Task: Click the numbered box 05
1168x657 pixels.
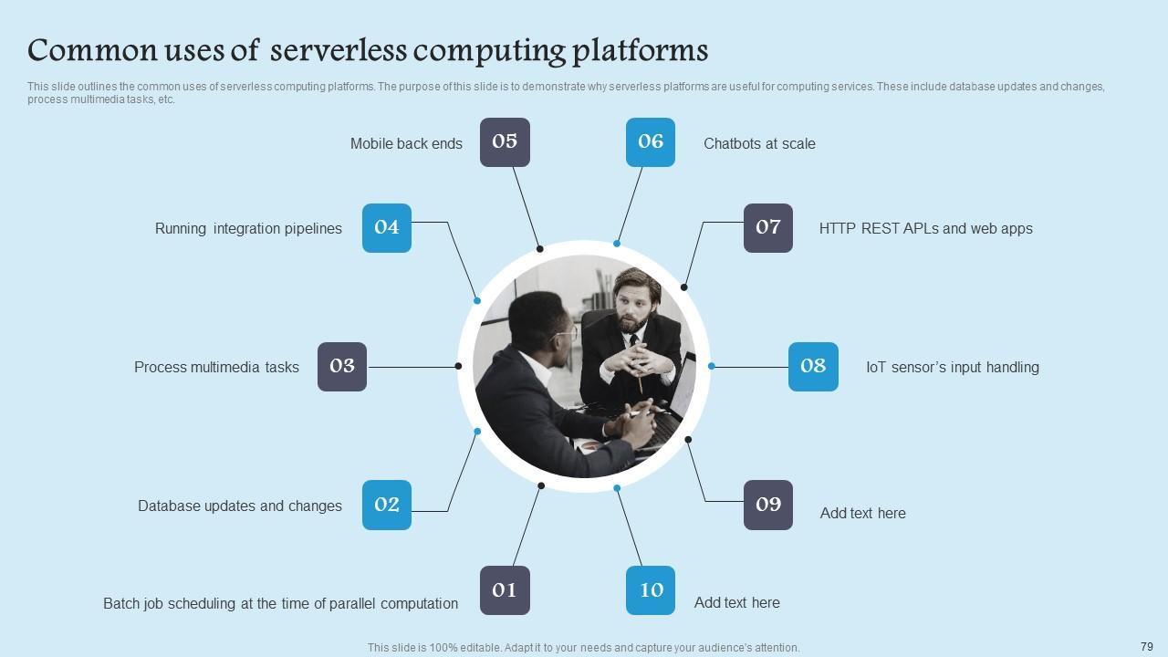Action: (505, 142)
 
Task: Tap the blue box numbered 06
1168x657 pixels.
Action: (651, 142)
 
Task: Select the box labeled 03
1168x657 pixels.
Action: (342, 367)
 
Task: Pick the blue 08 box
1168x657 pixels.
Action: (813, 367)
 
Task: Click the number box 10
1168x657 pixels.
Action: (651, 590)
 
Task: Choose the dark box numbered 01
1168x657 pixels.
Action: (505, 590)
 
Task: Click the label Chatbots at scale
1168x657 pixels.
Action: (759, 143)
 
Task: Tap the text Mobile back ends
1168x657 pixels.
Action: (406, 143)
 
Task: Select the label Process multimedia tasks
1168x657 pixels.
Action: (216, 367)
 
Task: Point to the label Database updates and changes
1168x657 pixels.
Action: (240, 506)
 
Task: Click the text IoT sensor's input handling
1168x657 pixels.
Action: (952, 367)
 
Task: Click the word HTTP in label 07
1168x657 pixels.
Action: (837, 228)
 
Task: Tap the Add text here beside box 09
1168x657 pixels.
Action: (862, 513)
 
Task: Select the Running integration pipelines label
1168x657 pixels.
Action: (248, 228)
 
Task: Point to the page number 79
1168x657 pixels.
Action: (1147, 646)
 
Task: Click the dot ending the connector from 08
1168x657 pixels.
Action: (712, 366)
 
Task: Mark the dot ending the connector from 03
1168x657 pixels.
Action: (458, 366)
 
